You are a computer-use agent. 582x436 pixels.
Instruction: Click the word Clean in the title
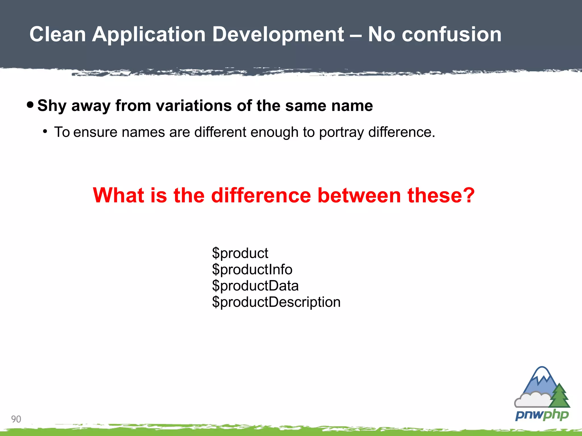(x=58, y=34)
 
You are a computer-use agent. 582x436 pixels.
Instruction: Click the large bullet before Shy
(x=30, y=105)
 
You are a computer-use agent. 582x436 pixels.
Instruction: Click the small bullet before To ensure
(x=45, y=132)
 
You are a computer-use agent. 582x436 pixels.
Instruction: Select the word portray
(x=341, y=133)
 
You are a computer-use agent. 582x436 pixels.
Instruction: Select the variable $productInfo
(x=252, y=269)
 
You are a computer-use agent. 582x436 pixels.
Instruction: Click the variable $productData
(x=255, y=286)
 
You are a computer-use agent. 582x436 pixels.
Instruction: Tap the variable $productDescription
(x=276, y=302)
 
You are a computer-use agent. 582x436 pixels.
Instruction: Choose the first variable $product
(x=240, y=253)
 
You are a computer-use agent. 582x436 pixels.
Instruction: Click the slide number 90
(x=16, y=419)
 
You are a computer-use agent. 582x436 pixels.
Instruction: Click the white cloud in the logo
(x=531, y=399)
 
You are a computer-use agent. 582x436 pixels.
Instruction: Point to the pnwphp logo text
(x=542, y=415)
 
